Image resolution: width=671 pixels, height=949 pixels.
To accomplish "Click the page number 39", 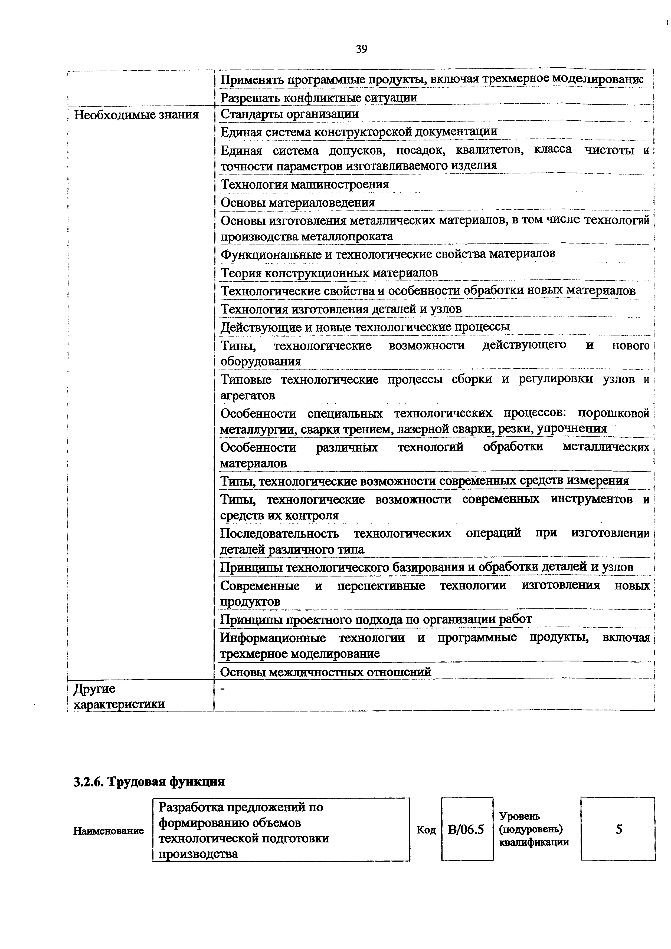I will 361,49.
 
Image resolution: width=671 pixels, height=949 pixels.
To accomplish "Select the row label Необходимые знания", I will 136,114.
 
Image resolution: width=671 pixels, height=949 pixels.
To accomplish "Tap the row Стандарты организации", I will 289,114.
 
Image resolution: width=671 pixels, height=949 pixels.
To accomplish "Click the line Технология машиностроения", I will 305,184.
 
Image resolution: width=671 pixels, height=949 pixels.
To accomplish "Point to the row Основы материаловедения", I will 298,203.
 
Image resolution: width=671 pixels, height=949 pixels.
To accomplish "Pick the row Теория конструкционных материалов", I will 329,273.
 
